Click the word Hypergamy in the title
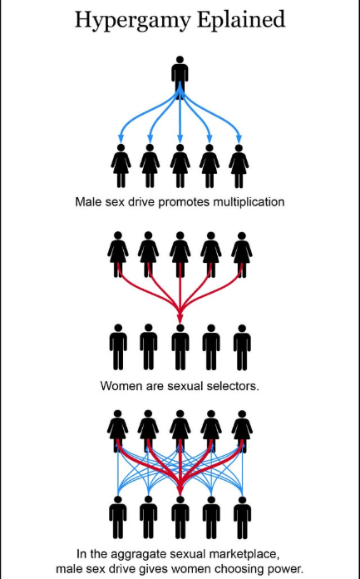[x=133, y=20]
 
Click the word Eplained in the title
[x=241, y=19]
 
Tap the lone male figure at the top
[x=180, y=77]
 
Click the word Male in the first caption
[x=88, y=202]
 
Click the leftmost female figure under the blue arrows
[x=121, y=166]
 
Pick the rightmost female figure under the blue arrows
[x=239, y=166]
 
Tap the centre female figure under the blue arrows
[x=180, y=166]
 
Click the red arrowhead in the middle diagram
[x=180, y=319]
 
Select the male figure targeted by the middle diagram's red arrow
[x=180, y=347]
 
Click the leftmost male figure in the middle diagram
[x=118, y=347]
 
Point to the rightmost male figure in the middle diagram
[x=242, y=347]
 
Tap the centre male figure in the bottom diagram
[x=180, y=517]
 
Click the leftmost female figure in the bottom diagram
[x=118, y=431]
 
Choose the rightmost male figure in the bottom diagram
[x=242, y=517]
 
